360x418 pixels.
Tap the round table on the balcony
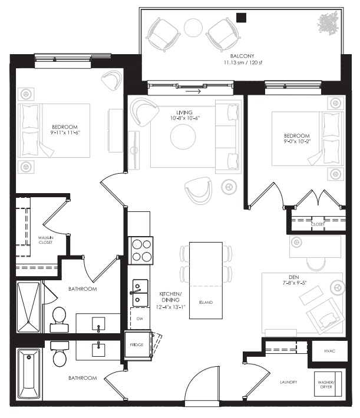coord(193,28)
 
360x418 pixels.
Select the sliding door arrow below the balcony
coord(192,91)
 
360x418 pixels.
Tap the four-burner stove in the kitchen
coord(141,250)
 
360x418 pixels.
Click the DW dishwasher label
coord(140,319)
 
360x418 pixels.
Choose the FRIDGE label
coord(137,344)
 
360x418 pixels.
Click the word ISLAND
coord(206,303)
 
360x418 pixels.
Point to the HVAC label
coord(330,351)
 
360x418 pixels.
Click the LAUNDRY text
coord(288,382)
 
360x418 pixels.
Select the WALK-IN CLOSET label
coord(45,239)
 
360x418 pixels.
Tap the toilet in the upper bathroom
coord(59,317)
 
